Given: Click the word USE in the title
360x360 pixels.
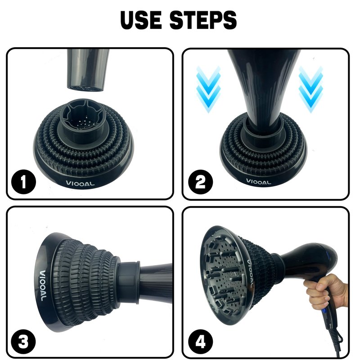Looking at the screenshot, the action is [x=140, y=20].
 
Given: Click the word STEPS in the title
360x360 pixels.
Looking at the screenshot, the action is [x=203, y=20].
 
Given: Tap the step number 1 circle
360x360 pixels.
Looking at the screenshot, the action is [x=23, y=182].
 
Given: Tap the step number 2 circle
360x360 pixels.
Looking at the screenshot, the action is [x=200, y=182].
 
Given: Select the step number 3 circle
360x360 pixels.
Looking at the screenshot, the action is [x=23, y=342].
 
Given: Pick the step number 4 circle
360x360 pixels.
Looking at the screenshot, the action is [x=200, y=342].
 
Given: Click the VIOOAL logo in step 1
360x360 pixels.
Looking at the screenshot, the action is [x=80, y=184].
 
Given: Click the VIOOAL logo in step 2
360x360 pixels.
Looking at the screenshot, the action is [x=258, y=182].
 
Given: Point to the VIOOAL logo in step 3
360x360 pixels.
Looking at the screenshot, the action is [x=43, y=286].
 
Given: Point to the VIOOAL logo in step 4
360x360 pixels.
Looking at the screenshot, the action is [x=250, y=273].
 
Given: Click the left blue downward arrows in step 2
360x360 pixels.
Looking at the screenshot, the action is [x=208, y=90].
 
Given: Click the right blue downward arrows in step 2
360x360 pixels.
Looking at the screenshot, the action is [x=311, y=90].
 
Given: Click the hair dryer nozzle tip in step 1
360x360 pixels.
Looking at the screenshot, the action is [x=85, y=88].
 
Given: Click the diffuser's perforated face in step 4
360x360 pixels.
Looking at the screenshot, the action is [x=224, y=274].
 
